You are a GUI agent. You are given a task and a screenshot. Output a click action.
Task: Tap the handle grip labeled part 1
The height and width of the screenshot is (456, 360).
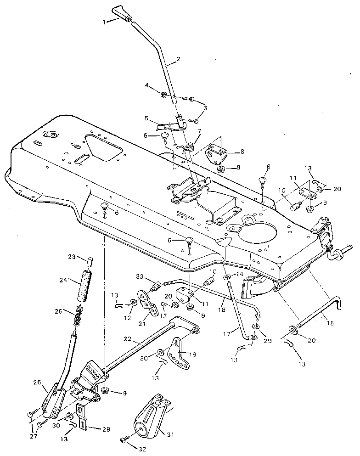[x=121, y=13]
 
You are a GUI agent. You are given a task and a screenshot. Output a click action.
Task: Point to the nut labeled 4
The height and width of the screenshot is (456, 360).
[x=163, y=95]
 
